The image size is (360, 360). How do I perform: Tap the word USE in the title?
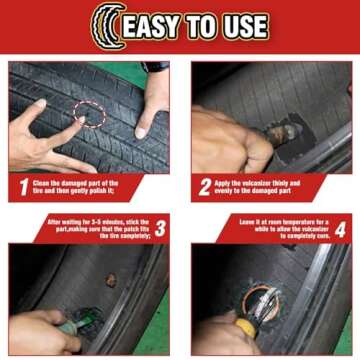click(247, 27)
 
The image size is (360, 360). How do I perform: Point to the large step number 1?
click(24, 186)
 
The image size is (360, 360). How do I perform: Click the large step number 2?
click(205, 186)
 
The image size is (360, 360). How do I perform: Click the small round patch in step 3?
click(110, 281)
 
